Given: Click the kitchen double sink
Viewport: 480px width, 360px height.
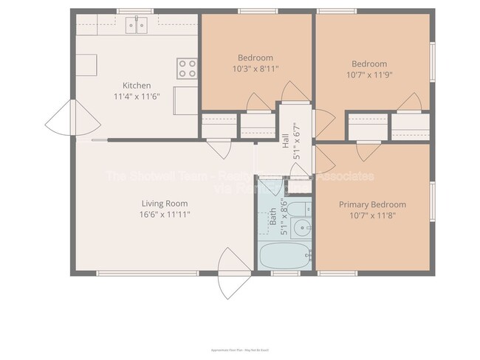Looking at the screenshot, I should (136, 26).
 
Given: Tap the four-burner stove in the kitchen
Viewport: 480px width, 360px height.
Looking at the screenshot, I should (188, 69).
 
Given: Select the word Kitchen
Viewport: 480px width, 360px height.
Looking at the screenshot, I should (137, 86).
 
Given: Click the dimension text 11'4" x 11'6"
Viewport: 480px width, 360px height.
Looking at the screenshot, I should (137, 96).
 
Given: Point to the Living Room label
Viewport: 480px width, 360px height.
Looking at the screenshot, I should (165, 204).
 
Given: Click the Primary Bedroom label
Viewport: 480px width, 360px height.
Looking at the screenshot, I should (372, 204).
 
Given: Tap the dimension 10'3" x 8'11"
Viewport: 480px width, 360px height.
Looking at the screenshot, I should (256, 68).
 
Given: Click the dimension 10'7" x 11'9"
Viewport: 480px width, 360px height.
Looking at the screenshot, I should (369, 74).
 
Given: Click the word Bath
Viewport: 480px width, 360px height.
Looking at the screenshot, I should (272, 215).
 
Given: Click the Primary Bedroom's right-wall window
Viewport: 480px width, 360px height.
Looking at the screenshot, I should (433, 201).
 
